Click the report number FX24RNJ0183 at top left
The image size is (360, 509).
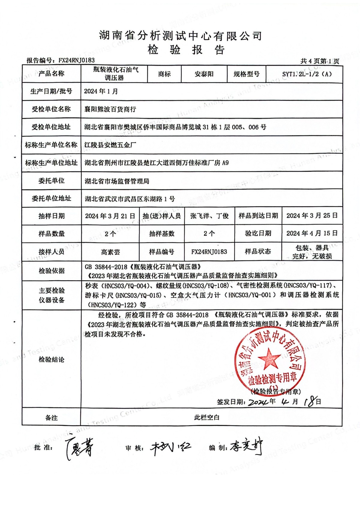(x=76, y=60)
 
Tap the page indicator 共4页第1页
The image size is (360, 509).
(x=320, y=61)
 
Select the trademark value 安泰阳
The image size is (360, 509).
(x=204, y=74)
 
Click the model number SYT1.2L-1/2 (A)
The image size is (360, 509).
(x=307, y=74)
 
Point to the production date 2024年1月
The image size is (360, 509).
(x=101, y=91)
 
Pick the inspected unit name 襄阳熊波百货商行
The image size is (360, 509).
(x=110, y=109)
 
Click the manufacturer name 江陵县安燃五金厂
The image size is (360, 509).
(x=110, y=145)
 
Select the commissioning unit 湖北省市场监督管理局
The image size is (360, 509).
(x=117, y=181)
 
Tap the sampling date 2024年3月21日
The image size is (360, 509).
(x=110, y=216)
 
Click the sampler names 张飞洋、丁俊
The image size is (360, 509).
(x=209, y=216)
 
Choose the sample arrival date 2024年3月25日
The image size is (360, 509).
(x=312, y=216)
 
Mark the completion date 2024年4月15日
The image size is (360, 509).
(x=312, y=233)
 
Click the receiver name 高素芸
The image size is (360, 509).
(x=110, y=252)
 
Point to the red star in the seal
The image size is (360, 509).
(x=268, y=358)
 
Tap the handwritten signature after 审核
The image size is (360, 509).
(x=170, y=448)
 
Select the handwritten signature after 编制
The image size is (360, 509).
(x=247, y=448)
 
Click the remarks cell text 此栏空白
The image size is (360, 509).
(x=207, y=417)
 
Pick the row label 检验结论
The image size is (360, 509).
(x=52, y=359)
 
